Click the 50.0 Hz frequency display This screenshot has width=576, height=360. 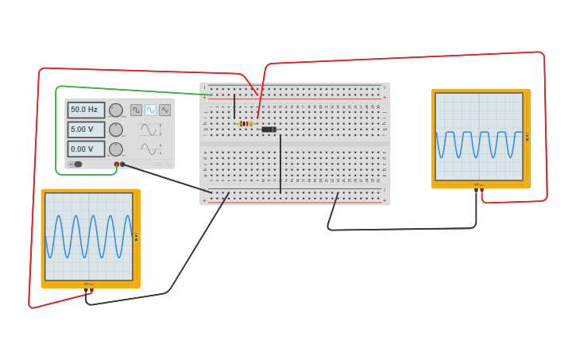[86, 110]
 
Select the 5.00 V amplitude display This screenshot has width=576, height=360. [86, 129]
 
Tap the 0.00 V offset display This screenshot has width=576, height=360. [86, 149]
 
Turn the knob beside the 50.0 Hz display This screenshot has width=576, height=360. [116, 110]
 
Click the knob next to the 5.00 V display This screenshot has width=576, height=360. [116, 130]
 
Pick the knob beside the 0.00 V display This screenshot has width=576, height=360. [116, 149]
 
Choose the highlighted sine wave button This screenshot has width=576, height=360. [150, 110]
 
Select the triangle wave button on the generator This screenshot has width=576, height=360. [164, 110]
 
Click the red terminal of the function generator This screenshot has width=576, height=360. [116, 165]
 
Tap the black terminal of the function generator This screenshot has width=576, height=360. [122, 165]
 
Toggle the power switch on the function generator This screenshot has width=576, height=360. [76, 165]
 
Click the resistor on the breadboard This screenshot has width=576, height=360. [245, 123]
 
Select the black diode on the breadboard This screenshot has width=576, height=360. [269, 130]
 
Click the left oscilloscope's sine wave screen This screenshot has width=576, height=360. [88, 236]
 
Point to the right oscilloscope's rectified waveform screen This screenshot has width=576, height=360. [479, 137]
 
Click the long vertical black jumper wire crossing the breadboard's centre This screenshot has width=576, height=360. [280, 163]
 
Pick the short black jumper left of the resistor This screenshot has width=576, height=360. [234, 106]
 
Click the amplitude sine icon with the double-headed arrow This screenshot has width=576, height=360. [150, 130]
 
